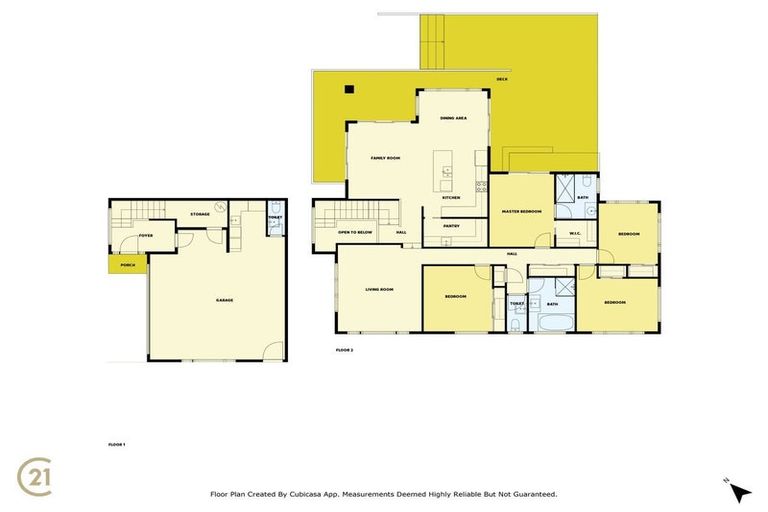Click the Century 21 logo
(37, 473)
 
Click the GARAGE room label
(224, 300)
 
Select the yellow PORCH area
(127, 265)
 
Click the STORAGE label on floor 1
(200, 213)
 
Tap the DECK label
(503, 78)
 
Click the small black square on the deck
(349, 90)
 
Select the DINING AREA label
(454, 118)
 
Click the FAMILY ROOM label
(385, 158)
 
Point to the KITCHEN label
(451, 197)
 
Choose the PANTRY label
(451, 225)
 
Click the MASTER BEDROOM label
(521, 211)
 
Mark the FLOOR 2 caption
(345, 350)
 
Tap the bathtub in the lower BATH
(553, 323)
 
